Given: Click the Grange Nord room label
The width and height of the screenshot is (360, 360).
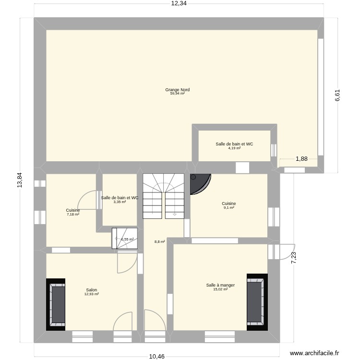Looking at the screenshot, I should coord(177,90).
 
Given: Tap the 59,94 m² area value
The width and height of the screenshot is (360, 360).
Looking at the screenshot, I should coord(177,94).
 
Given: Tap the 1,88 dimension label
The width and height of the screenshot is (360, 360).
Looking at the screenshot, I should coord(301,159).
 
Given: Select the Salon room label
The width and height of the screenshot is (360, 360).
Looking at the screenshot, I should coord(91,290).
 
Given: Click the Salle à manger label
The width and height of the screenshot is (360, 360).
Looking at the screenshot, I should coord(220,285).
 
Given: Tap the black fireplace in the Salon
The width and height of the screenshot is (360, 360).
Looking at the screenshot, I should coord(56,304).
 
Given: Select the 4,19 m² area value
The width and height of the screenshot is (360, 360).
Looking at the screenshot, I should coord(234,148).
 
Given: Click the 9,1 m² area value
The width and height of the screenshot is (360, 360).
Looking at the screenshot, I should coord(228,207).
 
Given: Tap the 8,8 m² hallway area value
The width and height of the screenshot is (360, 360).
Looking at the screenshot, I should coord(159,242).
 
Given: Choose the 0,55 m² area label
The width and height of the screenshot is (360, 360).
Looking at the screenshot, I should coord(127,239).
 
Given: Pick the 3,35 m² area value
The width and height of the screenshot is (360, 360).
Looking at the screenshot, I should coord(120,202).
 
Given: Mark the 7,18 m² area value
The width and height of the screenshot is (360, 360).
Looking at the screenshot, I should coord(73,214).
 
